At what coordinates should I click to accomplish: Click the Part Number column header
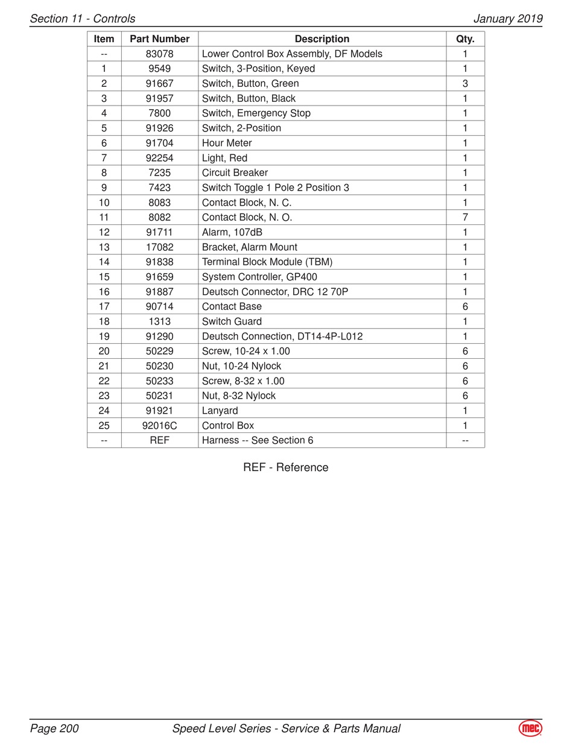[x=159, y=39]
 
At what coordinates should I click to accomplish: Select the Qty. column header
[x=465, y=39]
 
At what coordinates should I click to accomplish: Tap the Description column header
[x=321, y=39]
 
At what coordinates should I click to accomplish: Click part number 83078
[x=159, y=54]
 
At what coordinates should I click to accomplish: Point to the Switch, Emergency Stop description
[x=256, y=113]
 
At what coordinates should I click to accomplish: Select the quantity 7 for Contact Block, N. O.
[x=465, y=217]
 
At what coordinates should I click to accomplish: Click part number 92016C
[x=159, y=426]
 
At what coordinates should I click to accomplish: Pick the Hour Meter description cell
[x=227, y=143]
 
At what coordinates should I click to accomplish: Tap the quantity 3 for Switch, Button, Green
[x=465, y=84]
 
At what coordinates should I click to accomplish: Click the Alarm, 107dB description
[x=232, y=232]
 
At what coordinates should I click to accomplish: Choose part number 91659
[x=159, y=277]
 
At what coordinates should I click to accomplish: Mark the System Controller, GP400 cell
[x=259, y=277]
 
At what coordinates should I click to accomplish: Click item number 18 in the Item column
[x=104, y=321]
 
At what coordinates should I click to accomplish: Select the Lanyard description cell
[x=220, y=411]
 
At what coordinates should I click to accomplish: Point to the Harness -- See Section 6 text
[x=258, y=440]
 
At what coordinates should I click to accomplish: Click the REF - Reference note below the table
[x=286, y=467]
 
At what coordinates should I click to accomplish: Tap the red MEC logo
[x=530, y=729]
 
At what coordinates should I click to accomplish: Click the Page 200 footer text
[x=54, y=729]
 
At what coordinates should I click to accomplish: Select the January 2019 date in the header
[x=508, y=19]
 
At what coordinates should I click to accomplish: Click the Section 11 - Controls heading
[x=83, y=19]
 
